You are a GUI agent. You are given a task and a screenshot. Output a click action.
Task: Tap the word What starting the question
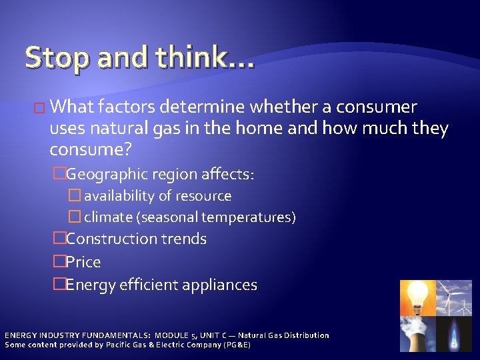(71, 107)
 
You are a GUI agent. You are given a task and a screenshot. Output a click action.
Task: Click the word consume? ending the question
(91, 150)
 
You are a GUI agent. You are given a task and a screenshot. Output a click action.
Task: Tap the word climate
(107, 217)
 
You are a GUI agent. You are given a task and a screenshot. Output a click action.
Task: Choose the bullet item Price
(83, 262)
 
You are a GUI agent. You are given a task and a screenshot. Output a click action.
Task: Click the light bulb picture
(417, 297)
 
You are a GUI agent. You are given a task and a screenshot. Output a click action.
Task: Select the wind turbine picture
(453, 297)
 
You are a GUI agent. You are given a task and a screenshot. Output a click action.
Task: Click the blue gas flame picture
(453, 333)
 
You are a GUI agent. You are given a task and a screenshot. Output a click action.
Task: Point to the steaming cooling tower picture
(417, 333)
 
